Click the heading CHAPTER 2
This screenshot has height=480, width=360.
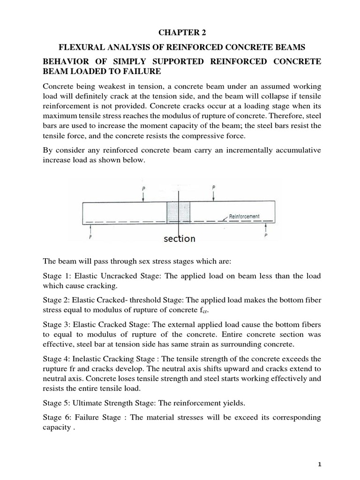tap(180, 32)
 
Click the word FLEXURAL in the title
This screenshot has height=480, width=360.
tap(79, 47)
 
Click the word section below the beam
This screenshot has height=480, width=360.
tap(179, 239)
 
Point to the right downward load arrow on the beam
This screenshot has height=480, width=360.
tap(213, 195)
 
